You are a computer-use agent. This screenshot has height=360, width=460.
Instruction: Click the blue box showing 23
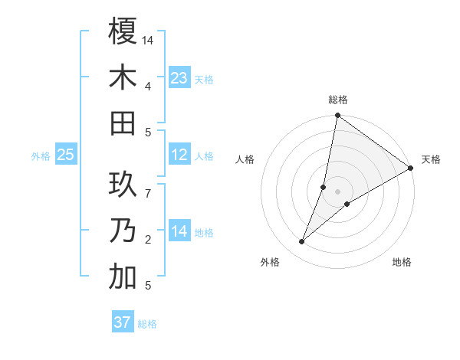[179, 77]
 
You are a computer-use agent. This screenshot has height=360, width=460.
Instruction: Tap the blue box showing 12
[179, 155]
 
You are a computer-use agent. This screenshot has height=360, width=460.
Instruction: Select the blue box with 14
[179, 231]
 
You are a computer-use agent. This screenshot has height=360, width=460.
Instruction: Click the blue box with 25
[66, 155]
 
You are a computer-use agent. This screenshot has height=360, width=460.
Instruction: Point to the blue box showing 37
[123, 322]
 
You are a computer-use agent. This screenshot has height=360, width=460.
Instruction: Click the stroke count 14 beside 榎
[149, 40]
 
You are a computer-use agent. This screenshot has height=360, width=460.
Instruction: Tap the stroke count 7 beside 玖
[148, 185]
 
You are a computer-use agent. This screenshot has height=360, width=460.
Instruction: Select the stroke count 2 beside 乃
[148, 240]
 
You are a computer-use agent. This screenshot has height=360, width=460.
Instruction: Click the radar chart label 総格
[338, 100]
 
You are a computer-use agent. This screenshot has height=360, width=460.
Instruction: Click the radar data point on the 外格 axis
[302, 242]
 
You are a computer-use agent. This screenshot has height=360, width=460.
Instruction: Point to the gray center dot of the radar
[338, 191]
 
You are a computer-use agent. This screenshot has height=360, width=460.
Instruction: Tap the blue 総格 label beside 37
[147, 324]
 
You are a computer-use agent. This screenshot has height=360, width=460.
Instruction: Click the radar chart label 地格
[402, 263]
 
